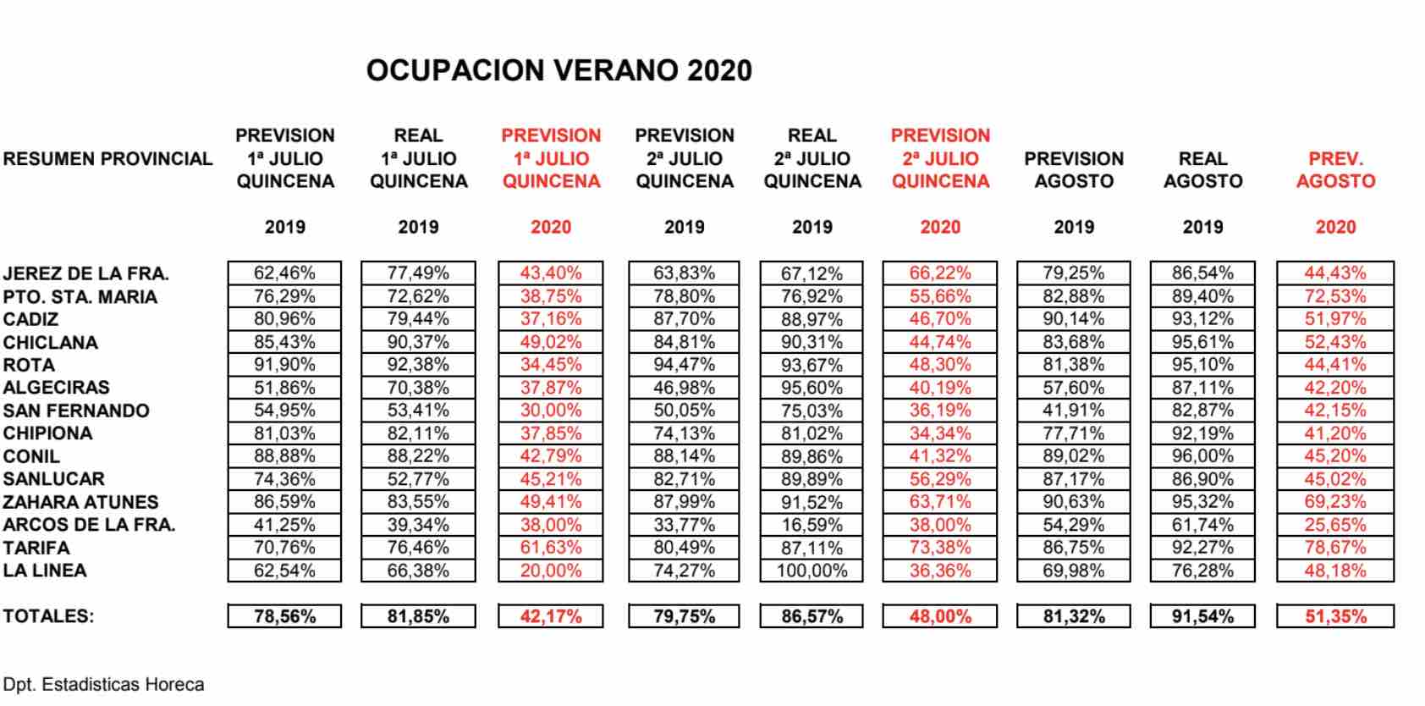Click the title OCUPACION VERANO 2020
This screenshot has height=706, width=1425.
tap(558, 70)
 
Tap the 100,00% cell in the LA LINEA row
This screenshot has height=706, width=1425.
tap(812, 571)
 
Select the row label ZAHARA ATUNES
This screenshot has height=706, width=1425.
tap(80, 502)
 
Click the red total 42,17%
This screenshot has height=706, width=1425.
tap(551, 616)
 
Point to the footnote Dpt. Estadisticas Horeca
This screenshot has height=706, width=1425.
tap(103, 684)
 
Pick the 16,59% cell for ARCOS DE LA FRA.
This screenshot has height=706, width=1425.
tap(812, 525)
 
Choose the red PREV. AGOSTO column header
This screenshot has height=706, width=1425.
tap(1335, 169)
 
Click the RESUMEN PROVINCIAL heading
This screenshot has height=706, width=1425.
tap(107, 158)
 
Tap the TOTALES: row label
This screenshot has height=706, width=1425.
tap(48, 616)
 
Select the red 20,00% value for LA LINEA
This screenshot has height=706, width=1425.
tap(551, 571)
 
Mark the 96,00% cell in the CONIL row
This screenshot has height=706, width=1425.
tap(1202, 456)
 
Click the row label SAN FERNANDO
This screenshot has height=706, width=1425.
tap(76, 411)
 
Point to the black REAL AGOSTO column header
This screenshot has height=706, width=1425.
tap(1202, 169)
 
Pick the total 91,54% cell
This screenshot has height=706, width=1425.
tap(1202, 616)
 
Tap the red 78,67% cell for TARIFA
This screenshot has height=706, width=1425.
tap(1335, 548)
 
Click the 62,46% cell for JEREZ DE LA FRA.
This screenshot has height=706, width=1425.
tap(284, 273)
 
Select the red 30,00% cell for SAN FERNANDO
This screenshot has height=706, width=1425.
tap(551, 411)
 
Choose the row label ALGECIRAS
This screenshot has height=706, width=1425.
tap(56, 388)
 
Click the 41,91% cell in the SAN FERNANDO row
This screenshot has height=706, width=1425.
tap(1074, 411)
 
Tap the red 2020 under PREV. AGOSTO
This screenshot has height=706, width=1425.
tap(1335, 227)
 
